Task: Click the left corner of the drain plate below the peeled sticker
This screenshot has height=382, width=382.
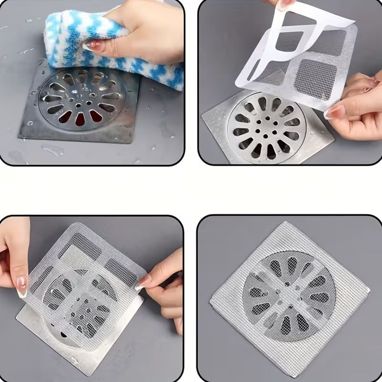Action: [203, 115]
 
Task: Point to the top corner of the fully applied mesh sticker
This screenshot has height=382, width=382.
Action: [286, 222]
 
